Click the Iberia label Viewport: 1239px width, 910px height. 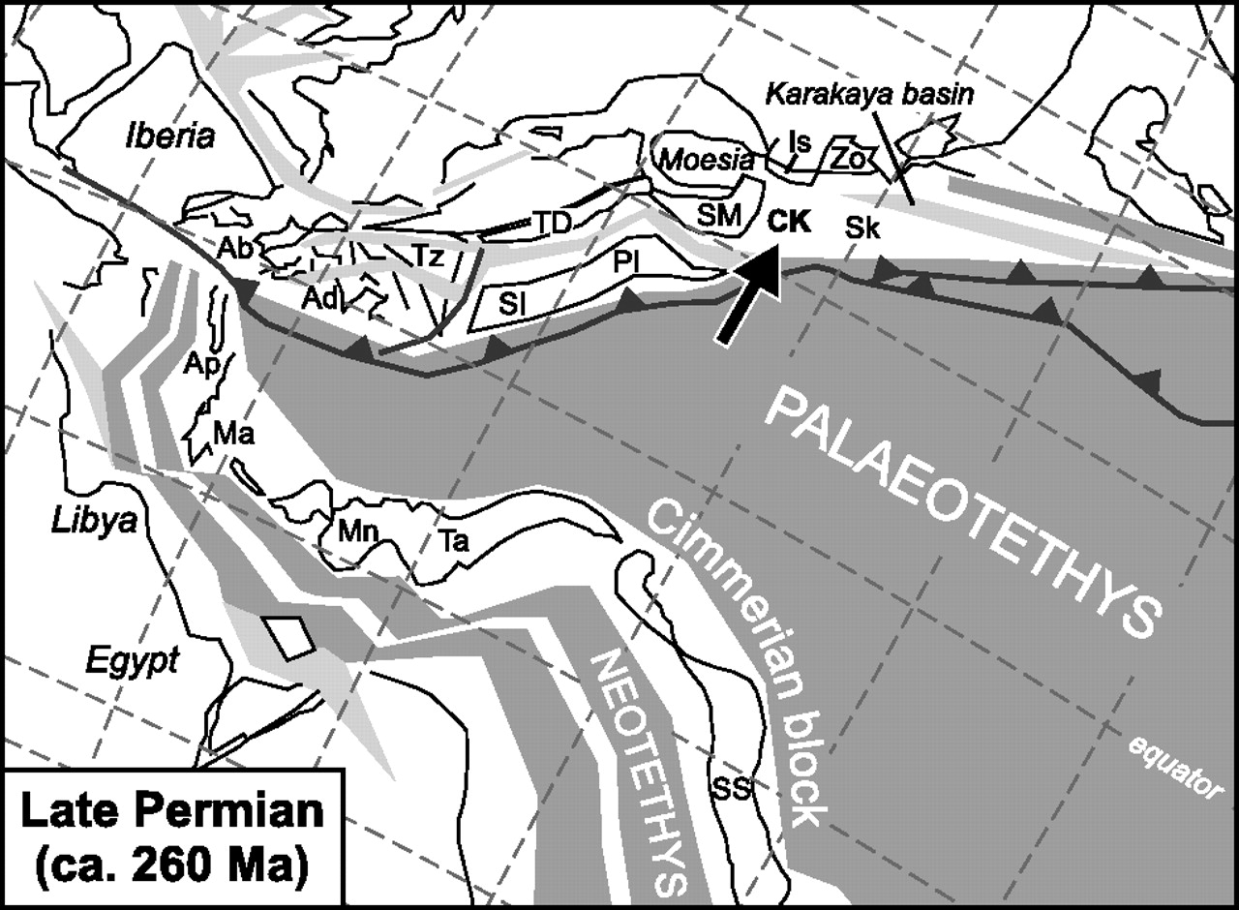tap(169, 136)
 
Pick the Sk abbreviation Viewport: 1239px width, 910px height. tap(862, 229)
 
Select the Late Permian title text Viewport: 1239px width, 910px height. tap(172, 834)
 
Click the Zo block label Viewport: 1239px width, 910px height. tap(848, 159)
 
